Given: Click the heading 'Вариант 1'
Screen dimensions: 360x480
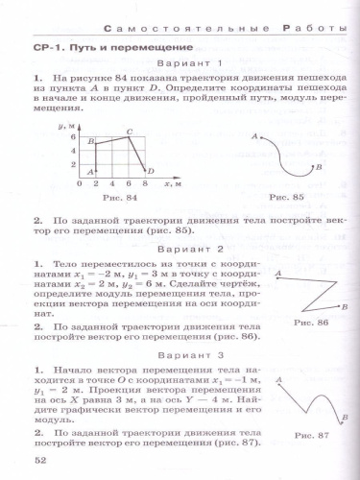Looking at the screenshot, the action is pyautogui.click(x=179, y=64).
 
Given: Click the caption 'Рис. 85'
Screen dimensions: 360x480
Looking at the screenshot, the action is pyautogui.click(x=285, y=197).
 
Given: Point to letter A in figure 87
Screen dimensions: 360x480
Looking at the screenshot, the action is pyautogui.click(x=278, y=382).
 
